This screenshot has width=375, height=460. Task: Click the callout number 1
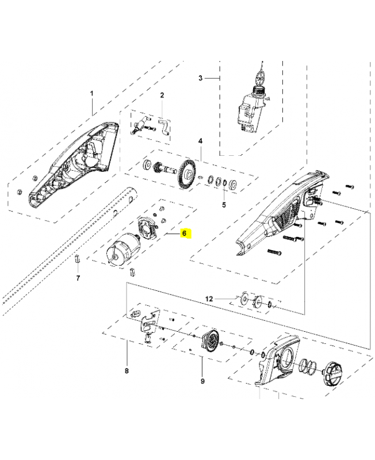click(x=91, y=93)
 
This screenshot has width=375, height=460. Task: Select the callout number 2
click(x=162, y=95)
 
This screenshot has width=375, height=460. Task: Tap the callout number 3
click(x=200, y=78)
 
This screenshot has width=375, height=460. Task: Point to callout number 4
click(x=200, y=141)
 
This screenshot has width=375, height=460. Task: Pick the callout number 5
click(x=224, y=204)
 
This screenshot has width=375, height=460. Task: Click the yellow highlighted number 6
click(x=184, y=233)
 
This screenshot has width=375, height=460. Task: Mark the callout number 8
click(x=127, y=371)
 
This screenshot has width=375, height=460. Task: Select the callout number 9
click(x=202, y=381)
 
